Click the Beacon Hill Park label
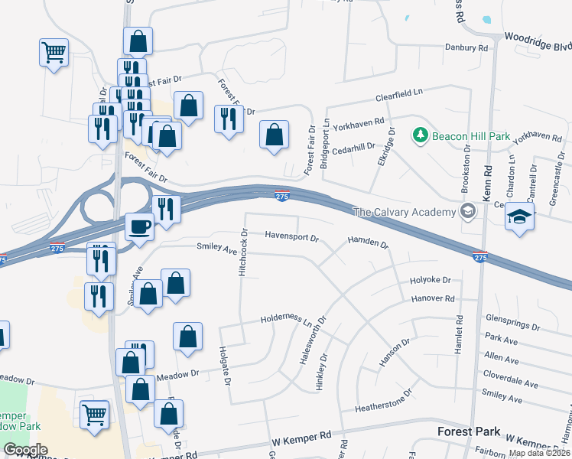pyautogui.click(x=471, y=136)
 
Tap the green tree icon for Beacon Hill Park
pyautogui.click(x=420, y=135)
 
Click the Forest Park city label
pyautogui.click(x=469, y=431)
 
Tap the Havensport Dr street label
pyautogui.click(x=291, y=237)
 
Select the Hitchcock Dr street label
pyautogui.click(x=243, y=252)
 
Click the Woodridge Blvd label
pyautogui.click(x=538, y=41)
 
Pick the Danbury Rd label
pyautogui.click(x=466, y=47)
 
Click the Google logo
pyautogui.click(x=25, y=450)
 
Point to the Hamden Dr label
pyautogui.click(x=368, y=243)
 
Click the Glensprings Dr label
pyautogui.click(x=515, y=317)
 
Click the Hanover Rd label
pyautogui.click(x=433, y=299)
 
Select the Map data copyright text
pyautogui.click(x=539, y=453)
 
